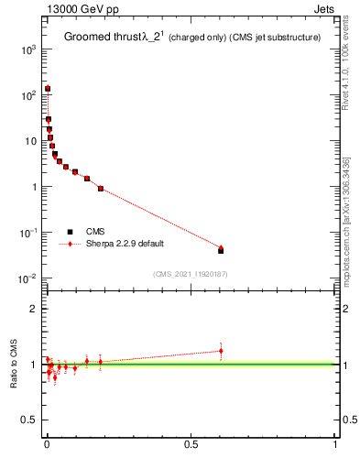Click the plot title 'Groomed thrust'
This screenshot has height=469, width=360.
click(x=100, y=38)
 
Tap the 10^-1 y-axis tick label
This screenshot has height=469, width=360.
click(x=27, y=233)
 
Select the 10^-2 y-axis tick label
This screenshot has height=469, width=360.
click(x=27, y=278)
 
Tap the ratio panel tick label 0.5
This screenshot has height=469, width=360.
click(x=28, y=420)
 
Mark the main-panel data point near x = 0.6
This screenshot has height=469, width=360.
click(x=221, y=249)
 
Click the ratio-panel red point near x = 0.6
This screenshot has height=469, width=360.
click(x=221, y=351)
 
